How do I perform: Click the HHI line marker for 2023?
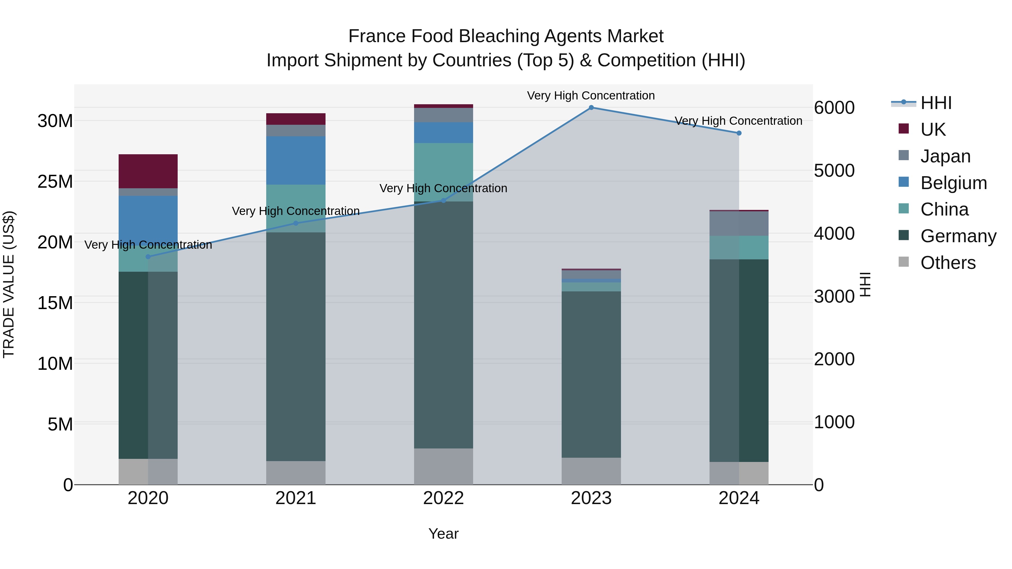591,108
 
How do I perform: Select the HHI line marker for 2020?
148,257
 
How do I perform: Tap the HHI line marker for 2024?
738,133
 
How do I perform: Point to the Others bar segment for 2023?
591,471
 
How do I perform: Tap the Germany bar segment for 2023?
591,374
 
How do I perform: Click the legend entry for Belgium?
954,183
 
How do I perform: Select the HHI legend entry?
936,103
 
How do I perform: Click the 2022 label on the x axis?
444,498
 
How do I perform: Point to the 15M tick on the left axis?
55,303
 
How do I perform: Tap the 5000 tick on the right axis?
834,171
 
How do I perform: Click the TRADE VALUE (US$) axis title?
9,284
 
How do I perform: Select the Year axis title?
444,534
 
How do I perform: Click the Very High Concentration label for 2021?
296,211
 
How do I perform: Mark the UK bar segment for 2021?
296,119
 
